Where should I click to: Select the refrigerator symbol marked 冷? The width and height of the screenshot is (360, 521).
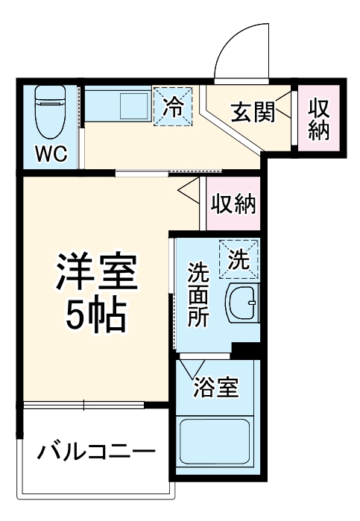[173, 107]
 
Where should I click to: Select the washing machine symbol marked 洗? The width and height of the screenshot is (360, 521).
[239, 259]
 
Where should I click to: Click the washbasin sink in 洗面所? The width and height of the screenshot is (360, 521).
[242, 305]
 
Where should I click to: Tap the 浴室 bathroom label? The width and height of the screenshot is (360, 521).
[215, 388]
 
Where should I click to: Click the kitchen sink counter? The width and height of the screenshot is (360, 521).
[119, 104]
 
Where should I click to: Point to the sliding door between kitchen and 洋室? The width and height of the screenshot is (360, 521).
[157, 173]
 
